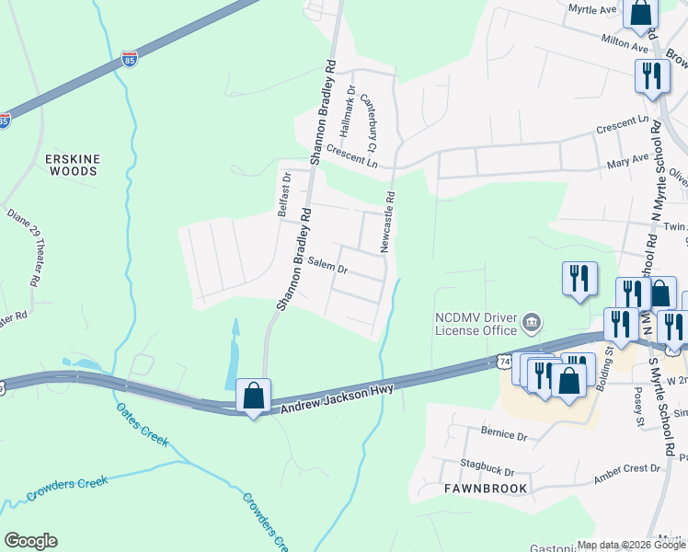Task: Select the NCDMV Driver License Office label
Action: pos(475,323)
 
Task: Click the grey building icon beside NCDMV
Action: pos(531,323)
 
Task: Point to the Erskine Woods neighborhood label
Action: pos(72,165)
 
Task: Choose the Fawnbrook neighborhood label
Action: pos(487,489)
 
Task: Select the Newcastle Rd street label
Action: pos(390,222)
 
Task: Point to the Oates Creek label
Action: pos(143,425)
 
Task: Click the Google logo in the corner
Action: pos(30,541)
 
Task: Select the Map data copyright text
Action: pos(631,545)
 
